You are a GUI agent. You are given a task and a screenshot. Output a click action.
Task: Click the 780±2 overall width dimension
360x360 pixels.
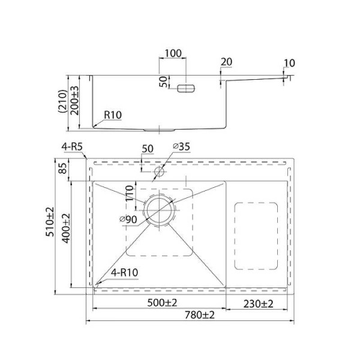click(x=200, y=315)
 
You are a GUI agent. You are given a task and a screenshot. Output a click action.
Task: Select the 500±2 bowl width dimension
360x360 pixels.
click(x=162, y=303)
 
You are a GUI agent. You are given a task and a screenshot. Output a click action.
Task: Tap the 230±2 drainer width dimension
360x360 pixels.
click(x=258, y=304)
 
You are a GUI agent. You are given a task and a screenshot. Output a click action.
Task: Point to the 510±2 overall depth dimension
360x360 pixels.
click(x=50, y=221)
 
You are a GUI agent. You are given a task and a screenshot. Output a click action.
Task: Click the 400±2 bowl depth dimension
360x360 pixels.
click(x=66, y=228)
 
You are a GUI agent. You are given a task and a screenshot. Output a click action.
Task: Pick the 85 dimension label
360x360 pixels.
click(x=62, y=168)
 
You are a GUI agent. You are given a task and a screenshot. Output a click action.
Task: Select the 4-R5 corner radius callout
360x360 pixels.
click(x=72, y=147)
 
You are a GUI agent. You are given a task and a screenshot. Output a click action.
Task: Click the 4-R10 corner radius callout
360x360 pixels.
click(x=124, y=272)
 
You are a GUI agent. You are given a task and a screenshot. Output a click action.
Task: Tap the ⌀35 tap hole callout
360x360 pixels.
click(x=181, y=146)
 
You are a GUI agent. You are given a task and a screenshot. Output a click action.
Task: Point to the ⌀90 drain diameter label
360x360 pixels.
click(x=128, y=220)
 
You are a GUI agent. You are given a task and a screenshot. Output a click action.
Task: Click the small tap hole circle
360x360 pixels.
click(x=159, y=172)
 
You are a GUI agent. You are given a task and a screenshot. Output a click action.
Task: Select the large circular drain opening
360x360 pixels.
click(x=159, y=209)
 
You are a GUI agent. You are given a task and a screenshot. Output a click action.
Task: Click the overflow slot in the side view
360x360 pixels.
click(x=186, y=88)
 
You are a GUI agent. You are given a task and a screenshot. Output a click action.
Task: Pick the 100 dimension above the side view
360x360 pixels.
click(x=173, y=53)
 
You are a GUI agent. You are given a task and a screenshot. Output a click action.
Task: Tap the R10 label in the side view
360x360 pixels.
click(x=113, y=115)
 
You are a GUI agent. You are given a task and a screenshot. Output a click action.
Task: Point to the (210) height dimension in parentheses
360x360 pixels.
click(x=63, y=101)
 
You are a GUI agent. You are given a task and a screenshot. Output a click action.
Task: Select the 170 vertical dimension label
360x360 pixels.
click(x=130, y=193)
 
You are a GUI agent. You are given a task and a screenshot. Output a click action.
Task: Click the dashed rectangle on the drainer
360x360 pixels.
click(x=256, y=236)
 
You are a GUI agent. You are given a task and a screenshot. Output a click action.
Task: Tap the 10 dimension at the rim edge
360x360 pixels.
click(x=289, y=63)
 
